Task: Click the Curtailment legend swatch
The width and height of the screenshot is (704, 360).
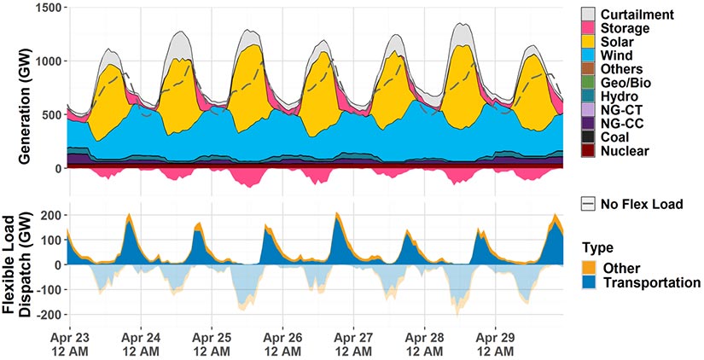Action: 588,15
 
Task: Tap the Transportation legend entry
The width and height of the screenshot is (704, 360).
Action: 648,282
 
